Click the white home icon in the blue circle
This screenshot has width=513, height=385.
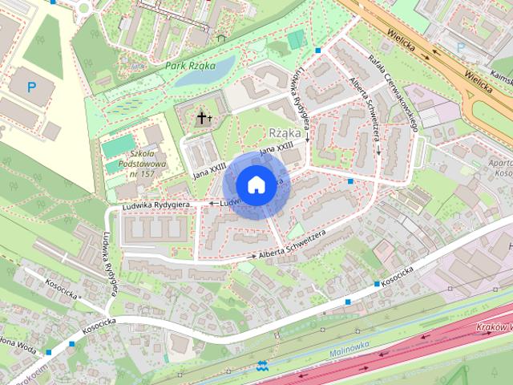255,184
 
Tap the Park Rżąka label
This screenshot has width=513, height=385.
191,66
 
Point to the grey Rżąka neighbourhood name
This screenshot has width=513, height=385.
285,132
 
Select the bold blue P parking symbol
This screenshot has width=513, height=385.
31,87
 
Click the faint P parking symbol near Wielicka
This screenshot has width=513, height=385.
459,47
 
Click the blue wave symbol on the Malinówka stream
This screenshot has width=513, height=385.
263,367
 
